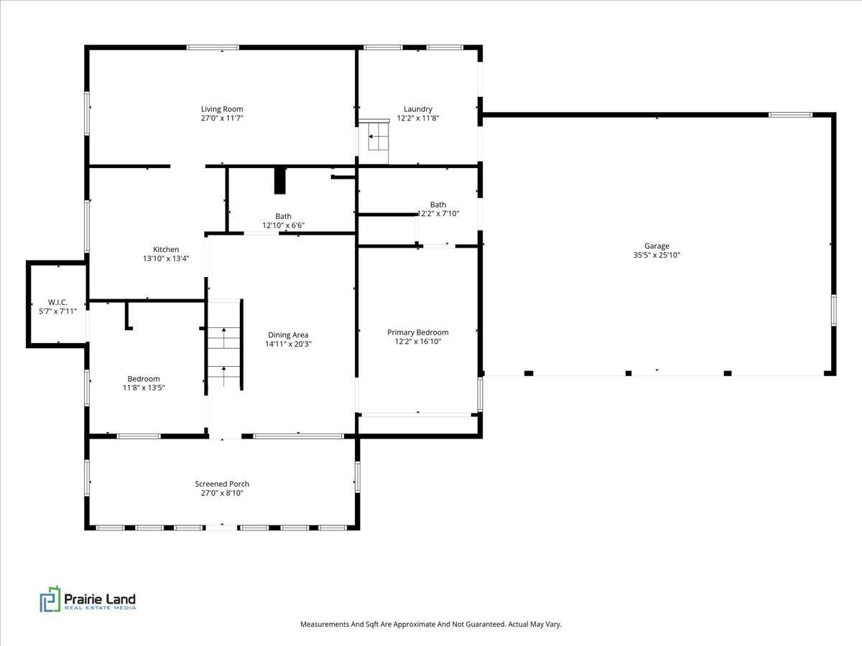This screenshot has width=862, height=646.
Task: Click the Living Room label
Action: (x=222, y=109)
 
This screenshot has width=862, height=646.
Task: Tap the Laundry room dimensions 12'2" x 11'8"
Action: (x=418, y=118)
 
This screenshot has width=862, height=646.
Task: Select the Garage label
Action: (x=657, y=246)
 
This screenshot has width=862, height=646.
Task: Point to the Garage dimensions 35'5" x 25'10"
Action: (x=657, y=255)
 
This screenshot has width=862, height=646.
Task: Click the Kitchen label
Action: (x=166, y=250)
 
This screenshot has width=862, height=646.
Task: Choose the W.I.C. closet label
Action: (x=57, y=302)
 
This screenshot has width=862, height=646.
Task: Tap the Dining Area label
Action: (x=288, y=335)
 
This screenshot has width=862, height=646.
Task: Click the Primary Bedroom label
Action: (x=418, y=332)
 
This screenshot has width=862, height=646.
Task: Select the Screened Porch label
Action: (x=222, y=484)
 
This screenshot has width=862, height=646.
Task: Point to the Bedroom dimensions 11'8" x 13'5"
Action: (x=144, y=388)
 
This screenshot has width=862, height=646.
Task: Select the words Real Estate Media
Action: (x=100, y=608)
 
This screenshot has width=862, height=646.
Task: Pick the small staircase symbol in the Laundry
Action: (x=379, y=136)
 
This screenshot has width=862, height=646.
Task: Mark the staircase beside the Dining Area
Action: (x=224, y=345)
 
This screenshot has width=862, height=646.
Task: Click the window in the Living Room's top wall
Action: (x=213, y=47)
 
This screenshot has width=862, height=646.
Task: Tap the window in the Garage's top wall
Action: (x=790, y=115)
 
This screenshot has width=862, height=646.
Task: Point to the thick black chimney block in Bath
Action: (x=279, y=180)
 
